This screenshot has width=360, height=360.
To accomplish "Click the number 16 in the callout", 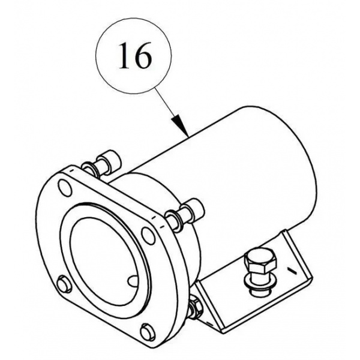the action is coord(135,56).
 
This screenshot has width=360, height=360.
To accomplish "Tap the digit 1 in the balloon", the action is coord(125,56).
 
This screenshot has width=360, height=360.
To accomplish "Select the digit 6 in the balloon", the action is coord(143,56).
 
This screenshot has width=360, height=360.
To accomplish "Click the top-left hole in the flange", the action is coord(65,187).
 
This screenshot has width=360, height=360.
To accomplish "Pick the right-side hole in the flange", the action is coord(148,236).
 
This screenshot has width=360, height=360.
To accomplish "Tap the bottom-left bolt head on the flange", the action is coord(64,284).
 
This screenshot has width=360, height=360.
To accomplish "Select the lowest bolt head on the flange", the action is coord(148,332).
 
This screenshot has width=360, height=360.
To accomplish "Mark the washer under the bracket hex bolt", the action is coord(258,283).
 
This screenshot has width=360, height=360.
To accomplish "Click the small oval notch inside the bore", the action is coord(133,280).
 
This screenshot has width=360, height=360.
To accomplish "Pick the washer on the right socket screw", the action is coord(174,219).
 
